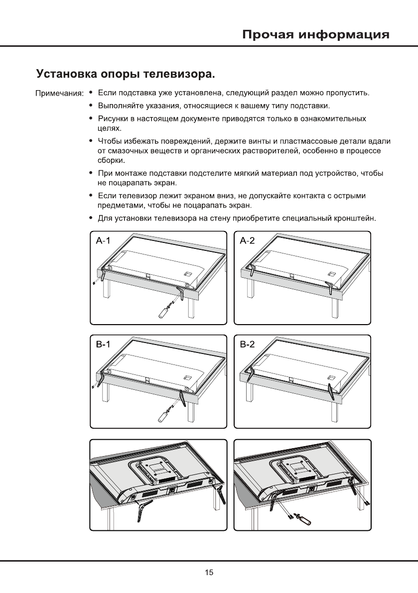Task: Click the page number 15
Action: click(209, 573)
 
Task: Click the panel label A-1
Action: click(103, 241)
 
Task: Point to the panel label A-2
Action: click(247, 241)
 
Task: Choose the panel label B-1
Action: click(103, 344)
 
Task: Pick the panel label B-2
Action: click(247, 344)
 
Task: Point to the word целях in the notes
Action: click(107, 128)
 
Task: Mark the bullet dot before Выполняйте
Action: click(90, 106)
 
